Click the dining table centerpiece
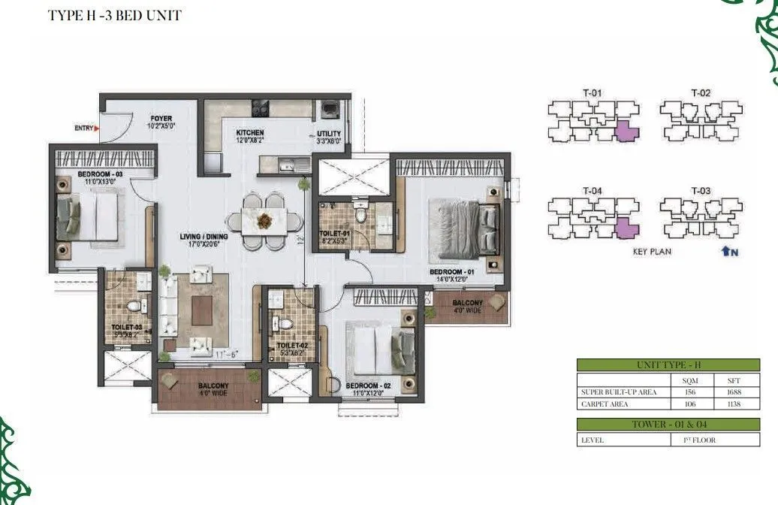[x=264, y=220]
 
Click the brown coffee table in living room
[x=201, y=310]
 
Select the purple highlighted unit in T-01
[x=626, y=134]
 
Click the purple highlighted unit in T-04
[x=626, y=229]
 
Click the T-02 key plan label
[x=700, y=93]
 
